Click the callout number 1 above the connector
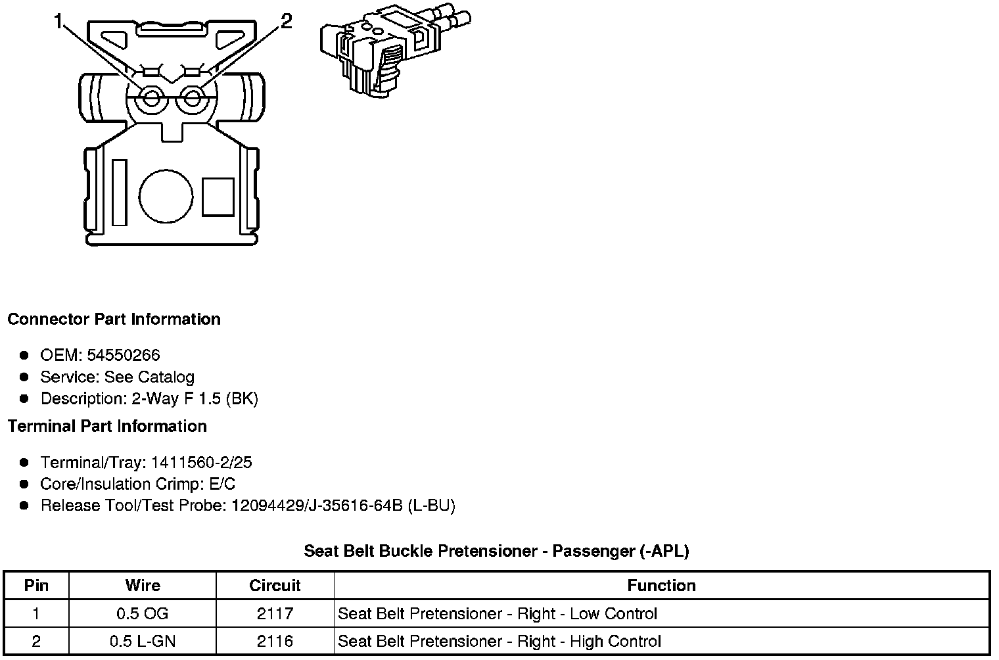pos(59,22)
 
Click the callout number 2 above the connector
pos(287,22)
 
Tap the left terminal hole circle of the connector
pos(151,99)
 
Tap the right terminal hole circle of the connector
pos(192,99)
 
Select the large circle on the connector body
pos(166,197)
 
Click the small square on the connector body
pos(218,197)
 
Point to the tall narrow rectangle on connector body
pos(119,192)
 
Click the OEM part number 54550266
pos(124,356)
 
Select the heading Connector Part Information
pos(114,319)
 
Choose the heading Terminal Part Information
pos(107,427)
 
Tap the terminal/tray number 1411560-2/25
pos(201,463)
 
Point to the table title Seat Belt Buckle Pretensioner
pos(496,551)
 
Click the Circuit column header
pos(275,586)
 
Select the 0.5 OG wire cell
pos(143,614)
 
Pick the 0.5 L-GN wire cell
pos(143,642)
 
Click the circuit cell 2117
pos(275,614)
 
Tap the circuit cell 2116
pos(275,642)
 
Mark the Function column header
pos(661,586)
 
